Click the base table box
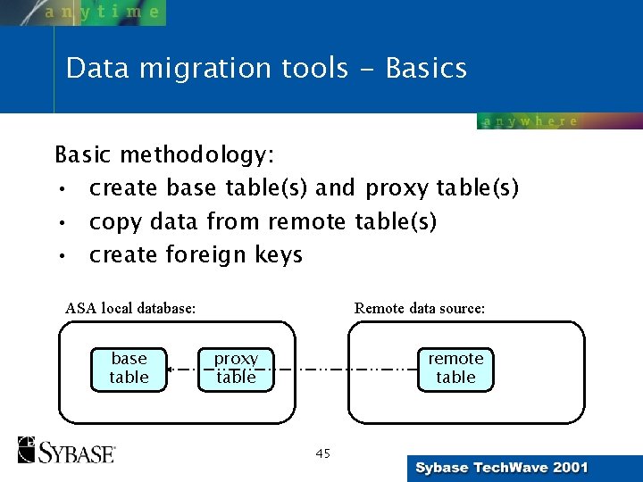tap(129, 368)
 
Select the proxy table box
tap(236, 368)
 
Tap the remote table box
tap(455, 368)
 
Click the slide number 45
tap(322, 453)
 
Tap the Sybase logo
tap(66, 450)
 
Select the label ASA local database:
tap(130, 309)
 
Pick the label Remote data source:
tap(420, 309)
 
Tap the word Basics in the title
tap(426, 69)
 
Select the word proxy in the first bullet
tap(396, 189)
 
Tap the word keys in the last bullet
tap(279, 255)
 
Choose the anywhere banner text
tap(530, 121)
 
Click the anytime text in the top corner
tap(103, 12)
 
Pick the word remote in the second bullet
tap(308, 221)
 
